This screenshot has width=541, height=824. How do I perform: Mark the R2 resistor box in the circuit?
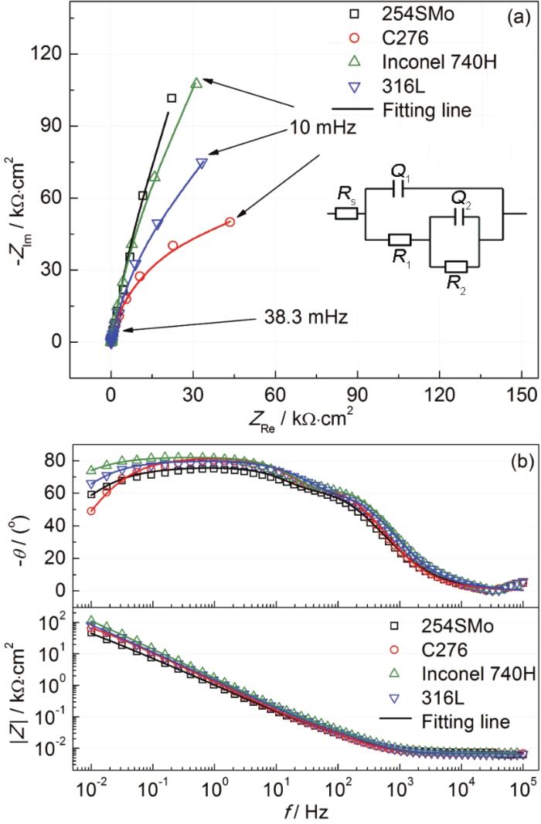coord(457,266)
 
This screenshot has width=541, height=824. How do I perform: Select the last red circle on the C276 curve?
coord(230,222)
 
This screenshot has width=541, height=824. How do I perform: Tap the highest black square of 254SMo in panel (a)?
coord(172,98)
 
